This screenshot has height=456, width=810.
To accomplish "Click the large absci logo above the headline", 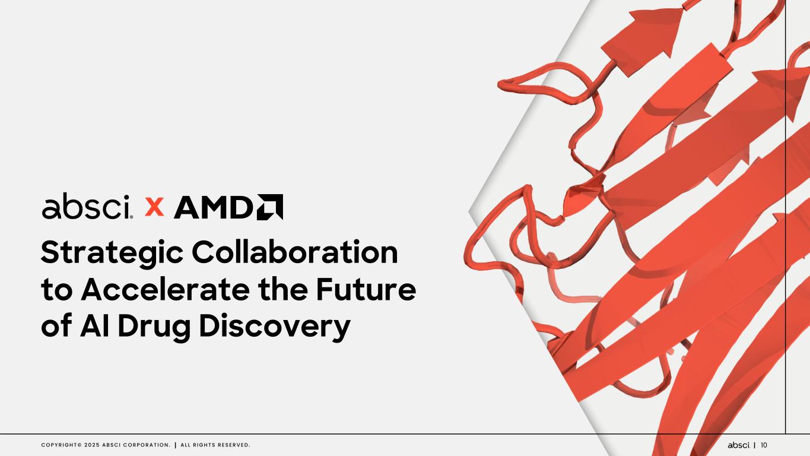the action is point(87,206).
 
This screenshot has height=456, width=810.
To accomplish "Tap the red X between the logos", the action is point(154,207).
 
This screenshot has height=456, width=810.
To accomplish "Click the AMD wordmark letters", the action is point(214,207).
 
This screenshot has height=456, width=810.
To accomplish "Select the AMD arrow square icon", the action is point(270,207).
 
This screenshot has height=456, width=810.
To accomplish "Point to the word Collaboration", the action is point(295,252).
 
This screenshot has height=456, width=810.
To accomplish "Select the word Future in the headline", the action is point(366,289).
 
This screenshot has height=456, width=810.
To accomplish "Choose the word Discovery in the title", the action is point(275,328).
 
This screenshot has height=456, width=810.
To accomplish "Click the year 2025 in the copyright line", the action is point(92,445).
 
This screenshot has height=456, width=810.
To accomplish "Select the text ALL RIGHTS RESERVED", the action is point(215,445).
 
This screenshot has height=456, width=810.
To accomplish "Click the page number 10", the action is point(764,445).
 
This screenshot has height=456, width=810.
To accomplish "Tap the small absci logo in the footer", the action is point(739,445).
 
